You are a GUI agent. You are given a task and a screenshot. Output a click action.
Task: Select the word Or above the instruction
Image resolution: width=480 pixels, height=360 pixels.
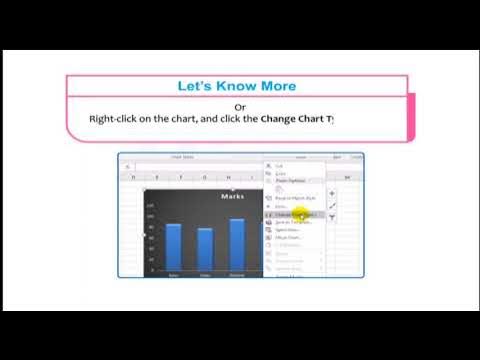click(240, 107)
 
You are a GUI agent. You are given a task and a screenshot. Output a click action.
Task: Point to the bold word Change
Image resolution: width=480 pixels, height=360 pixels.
click(282, 119)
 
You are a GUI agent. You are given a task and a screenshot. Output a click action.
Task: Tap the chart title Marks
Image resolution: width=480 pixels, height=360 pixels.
click(232, 197)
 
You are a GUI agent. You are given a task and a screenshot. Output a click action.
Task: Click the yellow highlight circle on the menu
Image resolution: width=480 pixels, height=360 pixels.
click(300, 214)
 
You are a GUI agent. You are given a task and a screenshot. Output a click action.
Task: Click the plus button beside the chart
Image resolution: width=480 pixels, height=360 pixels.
click(332, 193)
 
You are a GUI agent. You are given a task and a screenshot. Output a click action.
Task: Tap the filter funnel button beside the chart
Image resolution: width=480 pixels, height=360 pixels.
click(332, 217)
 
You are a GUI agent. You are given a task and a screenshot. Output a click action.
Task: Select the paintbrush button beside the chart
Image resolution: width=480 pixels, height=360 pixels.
click(332, 205)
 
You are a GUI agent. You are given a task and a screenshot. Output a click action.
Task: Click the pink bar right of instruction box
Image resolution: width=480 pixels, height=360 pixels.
click(411, 115)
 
